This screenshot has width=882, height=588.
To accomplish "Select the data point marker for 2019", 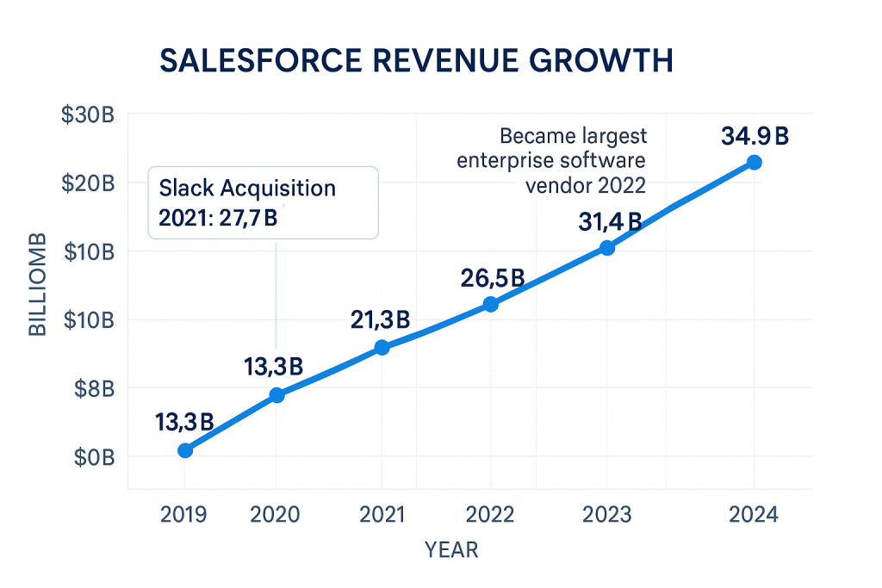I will point(184,450).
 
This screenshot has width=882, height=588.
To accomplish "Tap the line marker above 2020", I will point(276,395).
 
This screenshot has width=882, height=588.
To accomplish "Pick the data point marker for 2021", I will point(382,348).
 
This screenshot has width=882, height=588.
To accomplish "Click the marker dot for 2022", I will point(490,304).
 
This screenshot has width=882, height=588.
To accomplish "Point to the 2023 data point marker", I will point(607,248).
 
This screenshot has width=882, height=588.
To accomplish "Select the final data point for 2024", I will point(754,163).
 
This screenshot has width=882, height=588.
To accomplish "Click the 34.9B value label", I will point(756,137).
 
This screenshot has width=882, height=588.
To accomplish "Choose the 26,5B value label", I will point(491,278).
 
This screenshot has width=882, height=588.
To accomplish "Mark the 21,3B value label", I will point(380,320).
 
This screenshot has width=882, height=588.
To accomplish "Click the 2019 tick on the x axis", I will point(183,515).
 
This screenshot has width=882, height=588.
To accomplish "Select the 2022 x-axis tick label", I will point(490,515).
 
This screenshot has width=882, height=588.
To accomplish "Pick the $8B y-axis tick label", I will point(91,388).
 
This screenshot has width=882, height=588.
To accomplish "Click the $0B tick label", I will point(91,457).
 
